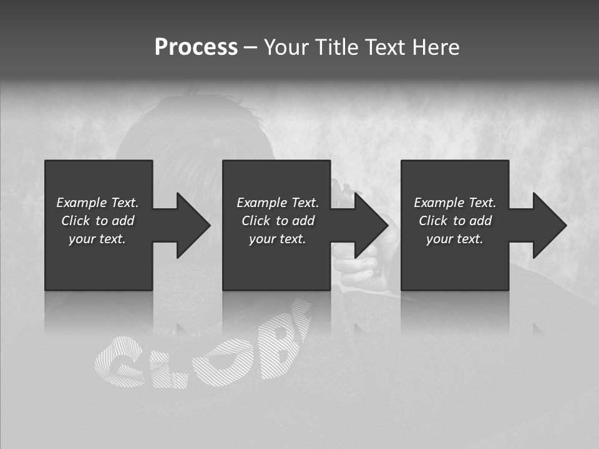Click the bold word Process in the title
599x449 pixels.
point(196,47)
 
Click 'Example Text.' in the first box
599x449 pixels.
point(97,203)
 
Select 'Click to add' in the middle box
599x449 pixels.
point(278,221)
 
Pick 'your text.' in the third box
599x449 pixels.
point(454,239)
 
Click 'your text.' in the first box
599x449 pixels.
point(97,239)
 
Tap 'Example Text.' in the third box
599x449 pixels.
point(455,203)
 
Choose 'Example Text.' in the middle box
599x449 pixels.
point(278,203)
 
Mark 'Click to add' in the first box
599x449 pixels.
point(97,221)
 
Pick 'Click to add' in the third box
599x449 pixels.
point(455,221)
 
